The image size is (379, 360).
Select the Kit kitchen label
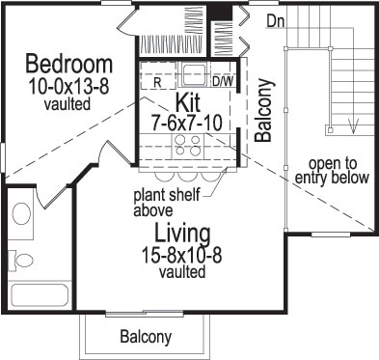click(186, 102)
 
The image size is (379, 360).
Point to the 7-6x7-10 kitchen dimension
click(187, 122)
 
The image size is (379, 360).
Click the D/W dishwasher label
click(224, 81)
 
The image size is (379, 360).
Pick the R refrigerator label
click(156, 82)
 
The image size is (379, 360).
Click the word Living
click(178, 233)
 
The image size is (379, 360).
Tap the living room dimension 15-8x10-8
click(178, 255)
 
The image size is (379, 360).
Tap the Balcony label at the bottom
click(146, 337)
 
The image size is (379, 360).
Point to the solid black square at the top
click(221, 16)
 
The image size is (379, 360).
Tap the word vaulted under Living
click(178, 273)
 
